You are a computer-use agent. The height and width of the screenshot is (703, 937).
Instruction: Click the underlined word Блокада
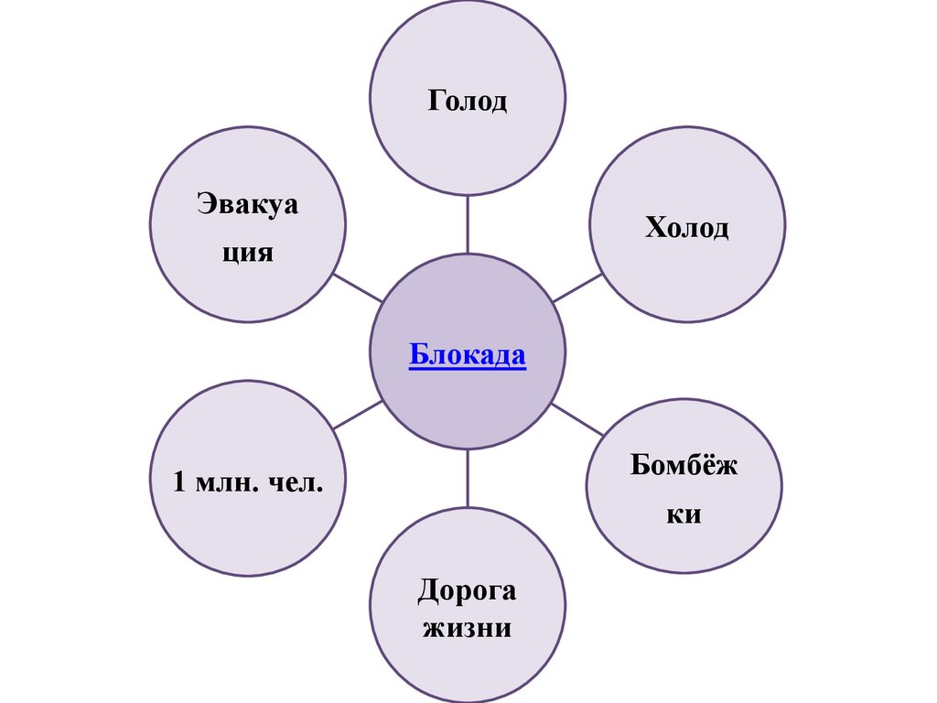point(467,354)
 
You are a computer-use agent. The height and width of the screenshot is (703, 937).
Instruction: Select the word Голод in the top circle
point(467,100)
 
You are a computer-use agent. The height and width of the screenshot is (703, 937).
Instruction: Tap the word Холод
point(686,226)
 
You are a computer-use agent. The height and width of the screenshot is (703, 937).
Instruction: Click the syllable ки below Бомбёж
point(683,514)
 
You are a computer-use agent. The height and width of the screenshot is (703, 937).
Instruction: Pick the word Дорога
point(467,590)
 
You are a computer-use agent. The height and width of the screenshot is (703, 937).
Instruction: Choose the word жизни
point(467,630)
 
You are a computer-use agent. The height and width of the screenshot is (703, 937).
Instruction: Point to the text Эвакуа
point(248,204)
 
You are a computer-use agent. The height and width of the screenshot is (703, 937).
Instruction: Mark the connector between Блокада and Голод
point(468,224)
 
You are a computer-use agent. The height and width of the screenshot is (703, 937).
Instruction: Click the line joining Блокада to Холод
point(577,288)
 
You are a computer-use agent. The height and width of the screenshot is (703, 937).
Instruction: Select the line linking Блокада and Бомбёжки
point(578,419)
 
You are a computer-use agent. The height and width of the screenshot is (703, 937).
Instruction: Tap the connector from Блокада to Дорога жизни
point(468,478)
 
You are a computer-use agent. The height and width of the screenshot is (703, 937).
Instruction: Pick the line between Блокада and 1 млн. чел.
point(357,415)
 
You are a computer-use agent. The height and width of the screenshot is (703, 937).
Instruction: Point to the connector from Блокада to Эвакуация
point(357,287)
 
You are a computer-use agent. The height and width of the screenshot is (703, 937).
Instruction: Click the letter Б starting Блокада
point(417,354)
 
